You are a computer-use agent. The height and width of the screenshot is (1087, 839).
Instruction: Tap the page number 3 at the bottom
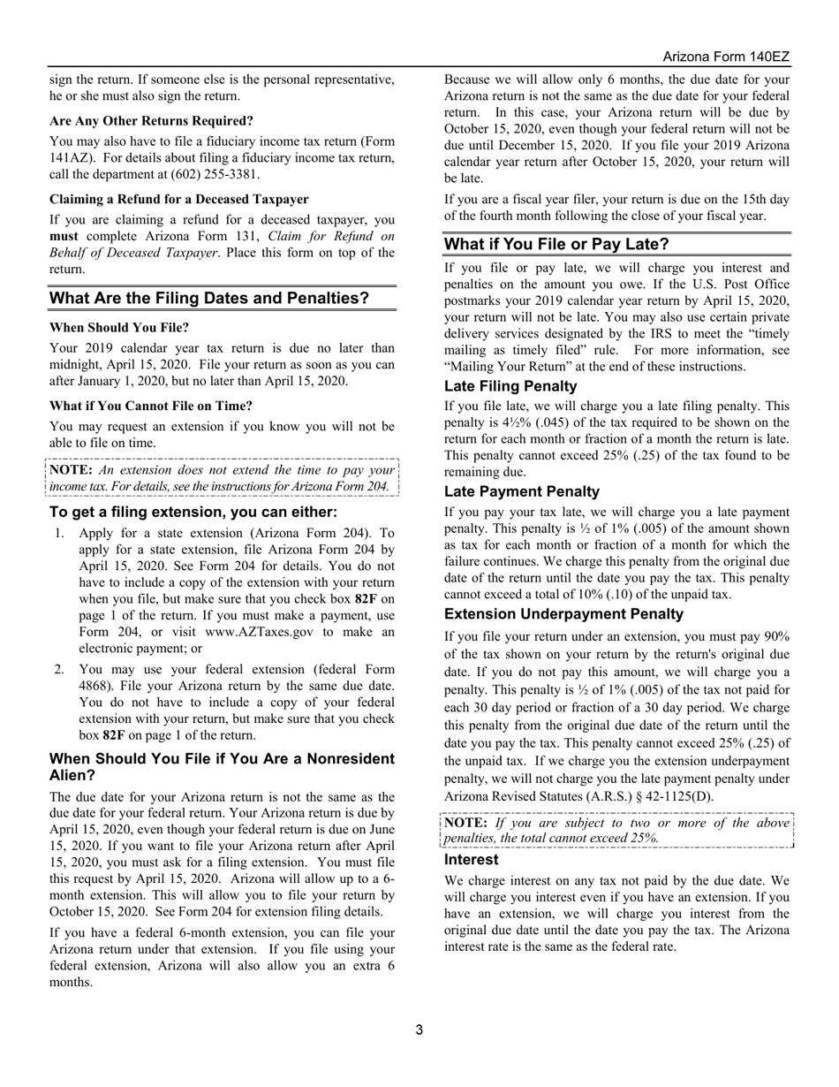point(419,1030)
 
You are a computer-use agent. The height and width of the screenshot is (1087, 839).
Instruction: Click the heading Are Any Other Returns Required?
point(151,120)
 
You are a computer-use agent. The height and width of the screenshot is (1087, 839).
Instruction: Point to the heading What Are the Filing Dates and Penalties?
point(209,299)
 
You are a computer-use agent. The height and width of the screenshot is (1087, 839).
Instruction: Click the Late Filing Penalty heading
point(510,386)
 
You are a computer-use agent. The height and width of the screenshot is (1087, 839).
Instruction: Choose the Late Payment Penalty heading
point(521,491)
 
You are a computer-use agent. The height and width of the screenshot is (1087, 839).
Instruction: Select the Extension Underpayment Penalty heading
point(563,614)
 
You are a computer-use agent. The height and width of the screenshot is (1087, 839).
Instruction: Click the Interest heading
point(471,859)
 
